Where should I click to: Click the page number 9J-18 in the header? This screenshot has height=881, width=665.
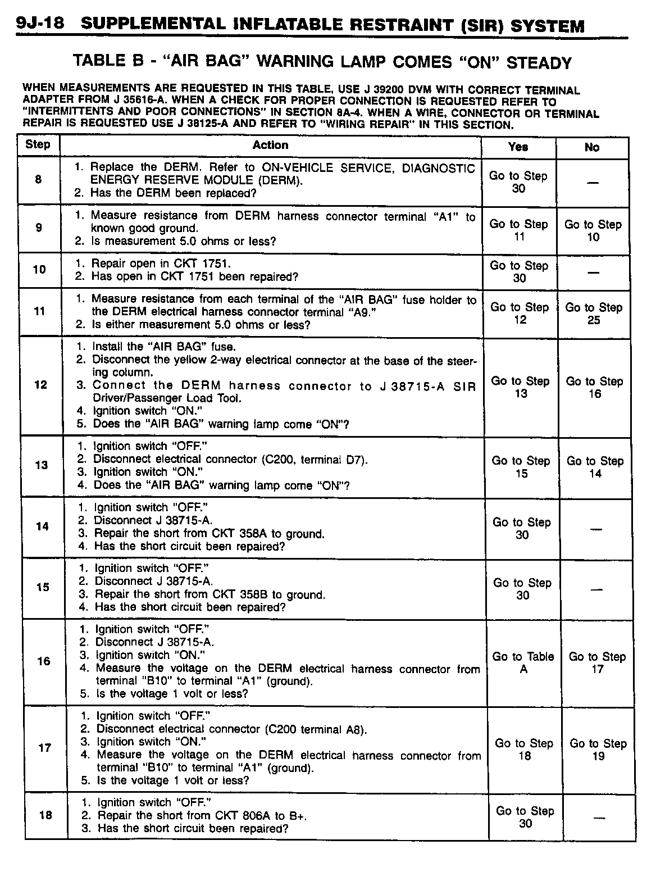[x=40, y=24]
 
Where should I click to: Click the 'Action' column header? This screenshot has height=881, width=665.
[x=270, y=145]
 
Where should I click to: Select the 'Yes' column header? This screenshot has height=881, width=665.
[x=518, y=147]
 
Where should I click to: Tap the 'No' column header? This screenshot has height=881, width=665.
[x=592, y=147]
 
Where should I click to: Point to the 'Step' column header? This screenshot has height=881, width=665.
[x=38, y=144]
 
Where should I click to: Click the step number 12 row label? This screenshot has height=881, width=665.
[x=40, y=385]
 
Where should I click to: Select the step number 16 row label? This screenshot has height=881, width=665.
[x=44, y=661]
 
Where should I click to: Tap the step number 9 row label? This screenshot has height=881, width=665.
[x=38, y=228]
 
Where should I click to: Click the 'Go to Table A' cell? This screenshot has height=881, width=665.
[x=523, y=662]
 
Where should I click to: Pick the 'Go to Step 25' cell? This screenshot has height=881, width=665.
[x=594, y=314]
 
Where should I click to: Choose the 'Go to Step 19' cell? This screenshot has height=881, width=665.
[x=598, y=750]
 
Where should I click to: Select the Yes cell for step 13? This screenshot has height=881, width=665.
[x=521, y=467]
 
